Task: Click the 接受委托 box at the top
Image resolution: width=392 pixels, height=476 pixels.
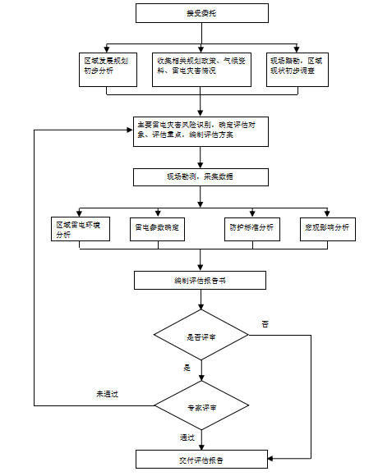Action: [x=201, y=13]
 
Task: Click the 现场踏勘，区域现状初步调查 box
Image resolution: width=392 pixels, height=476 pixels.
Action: [x=296, y=66]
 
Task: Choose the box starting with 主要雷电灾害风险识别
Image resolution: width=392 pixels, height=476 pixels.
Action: [x=201, y=130]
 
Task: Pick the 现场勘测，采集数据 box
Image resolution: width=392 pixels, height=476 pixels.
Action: [x=201, y=177]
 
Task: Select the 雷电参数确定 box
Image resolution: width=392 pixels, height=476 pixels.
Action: [x=155, y=226]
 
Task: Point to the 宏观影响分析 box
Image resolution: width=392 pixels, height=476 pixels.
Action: [x=327, y=226]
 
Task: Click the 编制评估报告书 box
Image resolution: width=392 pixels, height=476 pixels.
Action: [x=201, y=281]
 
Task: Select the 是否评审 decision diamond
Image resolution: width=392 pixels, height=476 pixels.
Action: [x=201, y=336]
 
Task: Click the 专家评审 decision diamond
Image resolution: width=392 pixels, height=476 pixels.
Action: [x=201, y=405]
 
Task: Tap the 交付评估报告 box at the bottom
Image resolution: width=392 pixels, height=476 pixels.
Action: [x=201, y=460]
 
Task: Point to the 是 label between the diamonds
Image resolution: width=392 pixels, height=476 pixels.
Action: [x=187, y=368]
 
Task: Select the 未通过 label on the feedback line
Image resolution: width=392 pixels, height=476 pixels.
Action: [x=107, y=395]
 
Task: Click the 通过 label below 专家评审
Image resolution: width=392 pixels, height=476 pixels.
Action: [x=187, y=437]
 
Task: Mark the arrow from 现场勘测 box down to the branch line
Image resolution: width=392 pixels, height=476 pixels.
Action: [x=201, y=195]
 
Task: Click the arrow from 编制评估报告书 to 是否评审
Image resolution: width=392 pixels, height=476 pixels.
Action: [x=201, y=300]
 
